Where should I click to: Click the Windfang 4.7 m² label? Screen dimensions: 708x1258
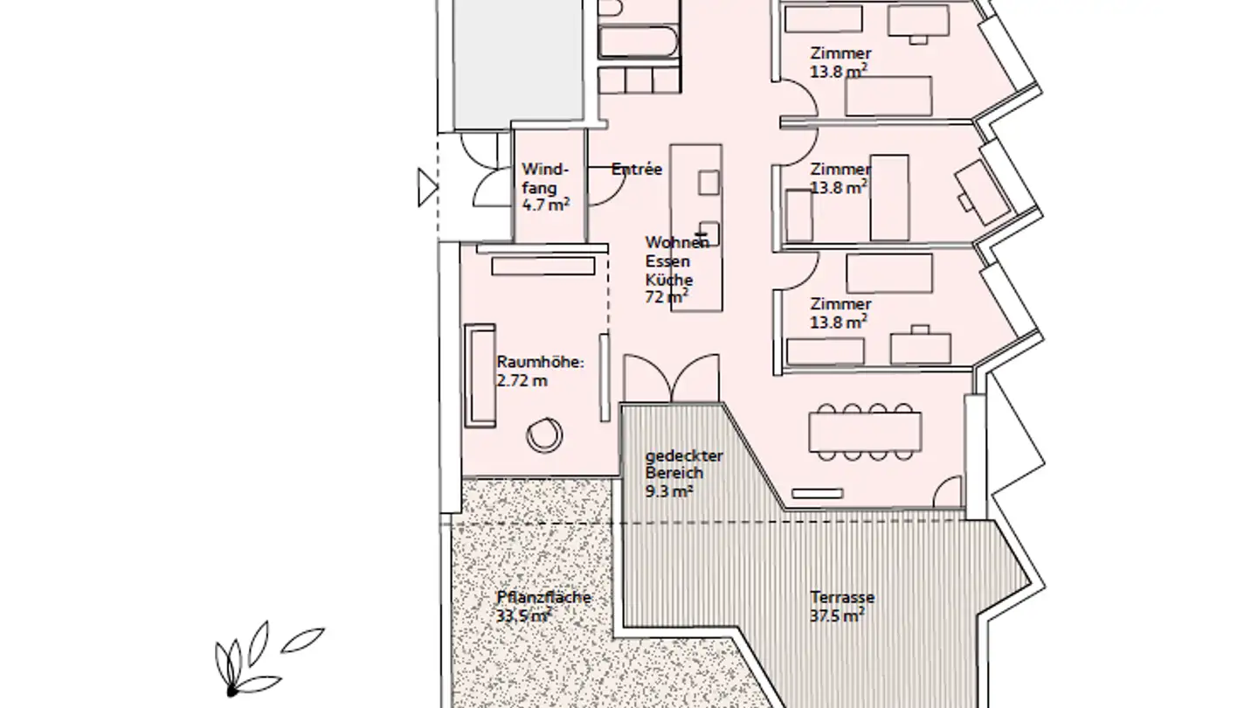pos(545,186)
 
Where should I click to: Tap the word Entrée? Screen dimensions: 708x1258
pos(637,170)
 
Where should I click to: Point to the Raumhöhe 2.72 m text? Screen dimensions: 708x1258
pos(539,371)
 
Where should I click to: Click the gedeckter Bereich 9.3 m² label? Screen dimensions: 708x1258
pos(673,474)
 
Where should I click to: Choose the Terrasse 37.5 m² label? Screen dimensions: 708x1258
pos(840,607)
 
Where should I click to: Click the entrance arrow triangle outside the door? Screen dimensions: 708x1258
pos(426,187)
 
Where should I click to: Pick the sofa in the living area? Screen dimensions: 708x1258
pos(480,375)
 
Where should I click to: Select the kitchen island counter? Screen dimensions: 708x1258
pos(696,227)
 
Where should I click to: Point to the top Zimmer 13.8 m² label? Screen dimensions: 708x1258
pos(840,63)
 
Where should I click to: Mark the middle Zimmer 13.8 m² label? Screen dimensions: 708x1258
pos(840,177)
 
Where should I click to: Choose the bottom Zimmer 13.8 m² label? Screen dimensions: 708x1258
pos(840,312)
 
